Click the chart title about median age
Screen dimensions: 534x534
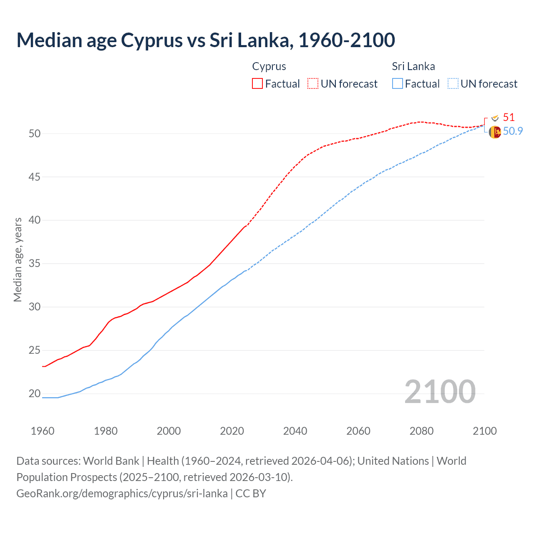pyautogui.click(x=206, y=40)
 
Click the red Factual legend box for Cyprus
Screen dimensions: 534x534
pyautogui.click(x=257, y=84)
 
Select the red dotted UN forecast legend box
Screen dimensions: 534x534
pyautogui.click(x=313, y=84)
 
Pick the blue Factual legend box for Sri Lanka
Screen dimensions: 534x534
pyautogui.click(x=398, y=84)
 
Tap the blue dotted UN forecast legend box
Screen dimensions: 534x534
pyautogui.click(x=453, y=84)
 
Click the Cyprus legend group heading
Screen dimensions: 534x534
pyautogui.click(x=269, y=66)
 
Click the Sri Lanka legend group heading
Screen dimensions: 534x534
pyautogui.click(x=413, y=66)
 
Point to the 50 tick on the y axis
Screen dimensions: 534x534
pyautogui.click(x=35, y=133)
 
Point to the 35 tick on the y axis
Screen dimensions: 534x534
pyautogui.click(x=35, y=264)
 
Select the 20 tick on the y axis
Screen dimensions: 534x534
pyautogui.click(x=35, y=393)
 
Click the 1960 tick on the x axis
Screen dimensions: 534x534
pyautogui.click(x=43, y=431)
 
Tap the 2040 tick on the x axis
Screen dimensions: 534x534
pyautogui.click(x=295, y=431)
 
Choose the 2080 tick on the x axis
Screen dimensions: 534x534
pyautogui.click(x=421, y=431)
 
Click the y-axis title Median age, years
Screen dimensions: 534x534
pyautogui.click(x=18, y=259)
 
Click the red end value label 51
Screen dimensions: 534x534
pyautogui.click(x=509, y=117)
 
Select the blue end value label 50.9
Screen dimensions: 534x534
pyautogui.click(x=513, y=131)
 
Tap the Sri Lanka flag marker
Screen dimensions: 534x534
pyautogui.click(x=495, y=132)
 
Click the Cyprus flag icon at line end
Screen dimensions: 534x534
pyautogui.click(x=495, y=118)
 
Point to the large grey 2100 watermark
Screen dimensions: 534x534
pyautogui.click(x=440, y=392)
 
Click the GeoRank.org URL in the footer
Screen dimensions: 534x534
pyautogui.click(x=122, y=494)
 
